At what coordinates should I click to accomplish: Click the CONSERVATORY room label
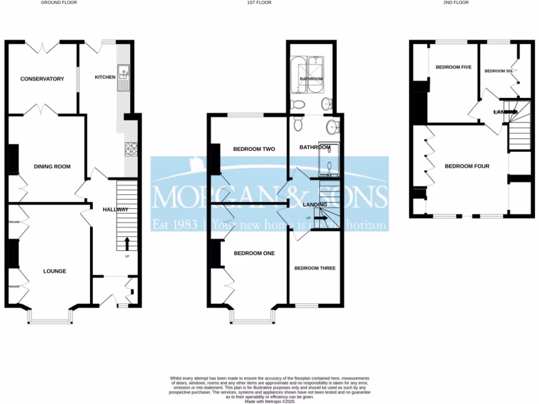pos(42,79)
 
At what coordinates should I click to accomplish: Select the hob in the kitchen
pos(131,149)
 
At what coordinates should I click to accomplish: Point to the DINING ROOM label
pos(52,167)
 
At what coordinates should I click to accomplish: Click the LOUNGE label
pos(55,271)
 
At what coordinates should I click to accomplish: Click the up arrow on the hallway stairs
pos(127,244)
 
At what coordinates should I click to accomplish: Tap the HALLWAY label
pos(116,209)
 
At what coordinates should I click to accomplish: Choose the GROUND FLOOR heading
pos(59,3)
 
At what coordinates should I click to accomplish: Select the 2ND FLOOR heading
pos(456,3)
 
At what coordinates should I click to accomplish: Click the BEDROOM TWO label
pos(255,149)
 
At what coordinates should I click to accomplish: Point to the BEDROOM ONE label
pos(254,253)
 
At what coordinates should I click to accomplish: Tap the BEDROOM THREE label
pos(315,268)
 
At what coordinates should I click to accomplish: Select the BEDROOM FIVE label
pos(453,67)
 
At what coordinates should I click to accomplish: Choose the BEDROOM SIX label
pos(498,70)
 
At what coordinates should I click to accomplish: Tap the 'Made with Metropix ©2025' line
pos(269,401)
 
